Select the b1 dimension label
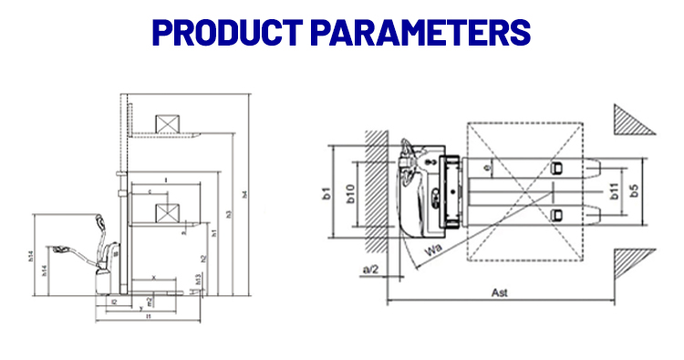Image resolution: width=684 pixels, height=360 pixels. click(325, 192)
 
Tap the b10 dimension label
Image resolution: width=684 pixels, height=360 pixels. click(350, 194)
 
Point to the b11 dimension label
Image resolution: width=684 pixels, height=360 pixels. click(614, 191)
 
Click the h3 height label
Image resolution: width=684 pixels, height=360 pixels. click(229, 213)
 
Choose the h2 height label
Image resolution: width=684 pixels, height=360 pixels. click(203, 258)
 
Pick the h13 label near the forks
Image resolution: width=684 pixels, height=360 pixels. click(199, 277)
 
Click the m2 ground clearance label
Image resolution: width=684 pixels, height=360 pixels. click(150, 301)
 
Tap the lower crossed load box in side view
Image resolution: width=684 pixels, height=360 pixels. click(166, 213)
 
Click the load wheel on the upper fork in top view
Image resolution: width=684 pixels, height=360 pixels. click(556, 168)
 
